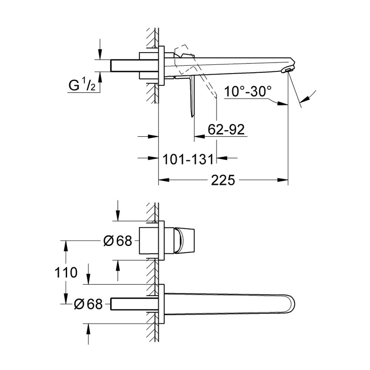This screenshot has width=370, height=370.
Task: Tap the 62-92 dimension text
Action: [226, 129]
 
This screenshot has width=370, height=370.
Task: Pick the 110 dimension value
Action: [66, 273]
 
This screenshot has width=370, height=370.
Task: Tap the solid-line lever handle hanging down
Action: [192, 98]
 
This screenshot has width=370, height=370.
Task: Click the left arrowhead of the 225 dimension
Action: [162, 179]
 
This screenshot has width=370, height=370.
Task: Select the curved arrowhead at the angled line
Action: [307, 98]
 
